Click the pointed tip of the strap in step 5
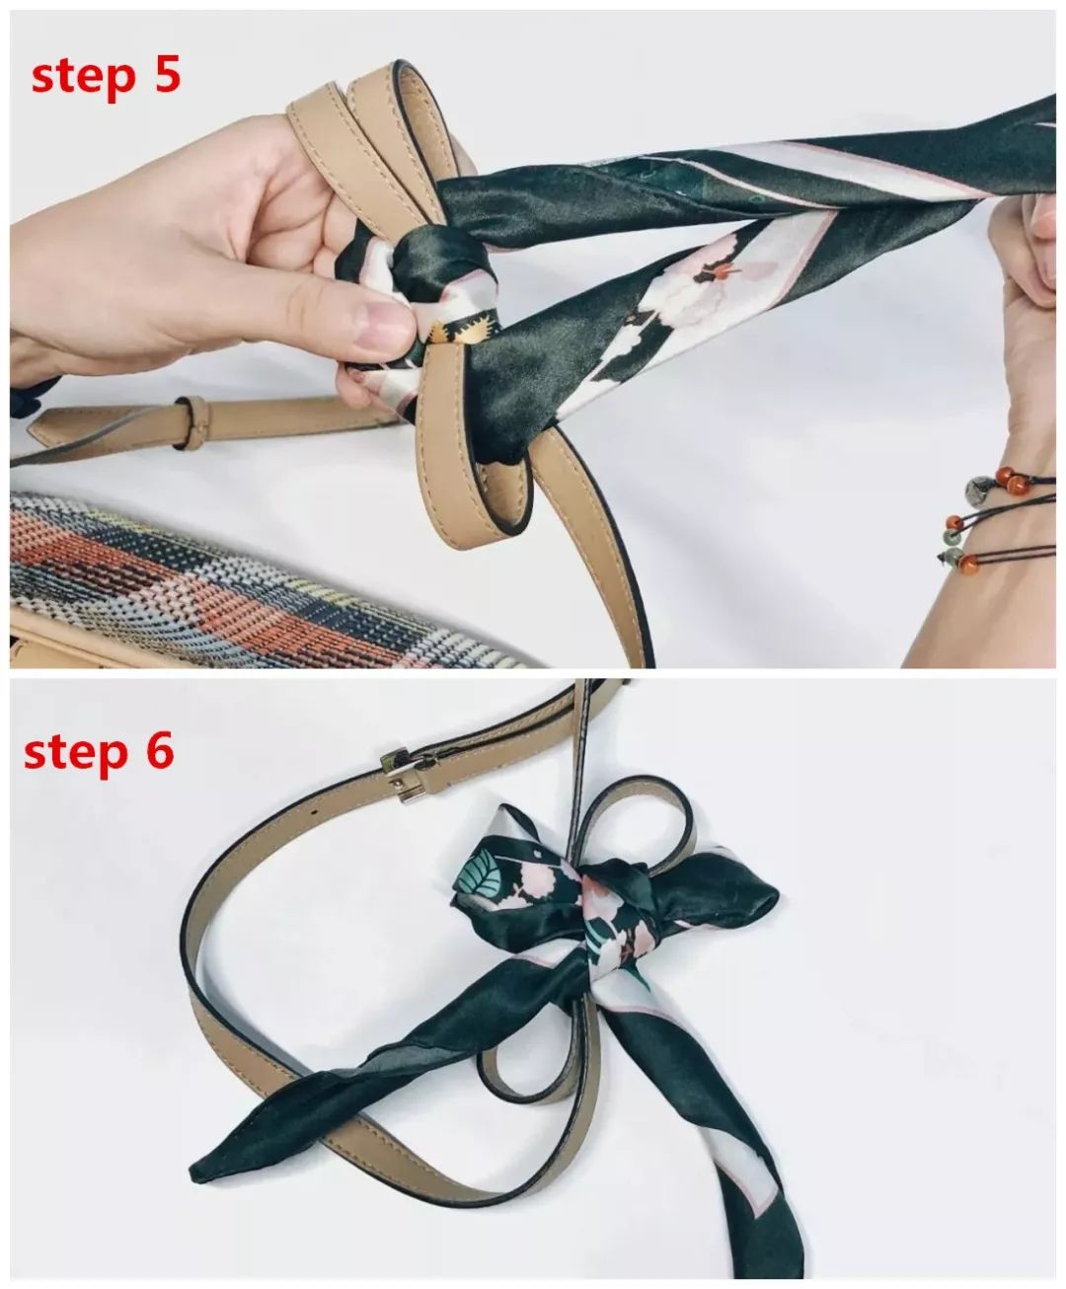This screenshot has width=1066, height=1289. pyautogui.click(x=33, y=426)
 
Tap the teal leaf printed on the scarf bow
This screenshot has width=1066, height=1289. pyautogui.click(x=482, y=877)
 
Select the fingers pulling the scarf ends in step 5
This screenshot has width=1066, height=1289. pyautogui.click(x=1025, y=253)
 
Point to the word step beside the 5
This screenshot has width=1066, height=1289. pyautogui.click(x=82, y=78)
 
